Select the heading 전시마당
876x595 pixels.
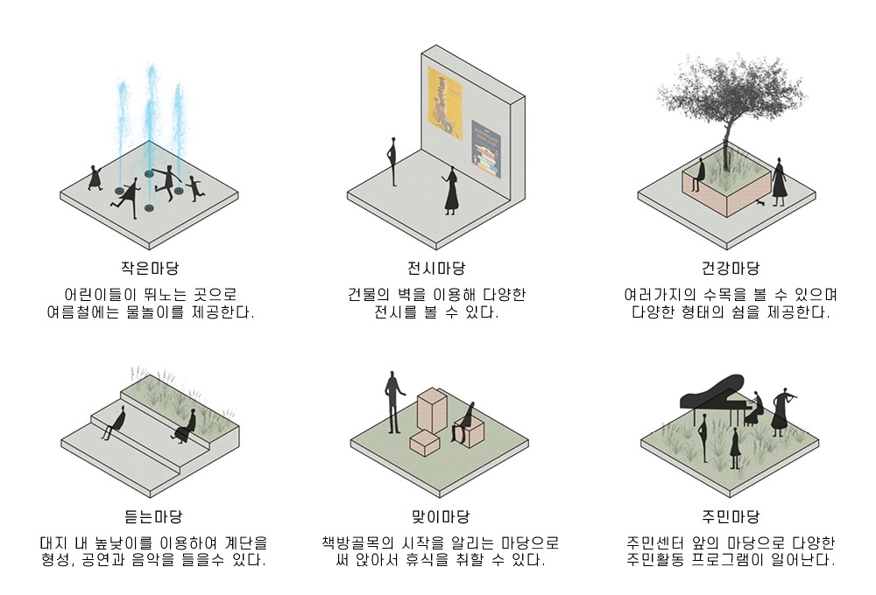pos(436,268)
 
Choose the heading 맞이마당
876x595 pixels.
pos(436,516)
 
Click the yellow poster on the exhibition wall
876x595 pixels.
pos(444,103)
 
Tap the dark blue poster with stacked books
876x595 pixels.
pos(485,150)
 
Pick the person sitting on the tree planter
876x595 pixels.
pos(698,175)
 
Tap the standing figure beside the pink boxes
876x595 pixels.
pos(392,402)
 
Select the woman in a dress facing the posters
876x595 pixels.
pos(451,192)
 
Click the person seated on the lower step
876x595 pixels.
pos(111,423)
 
